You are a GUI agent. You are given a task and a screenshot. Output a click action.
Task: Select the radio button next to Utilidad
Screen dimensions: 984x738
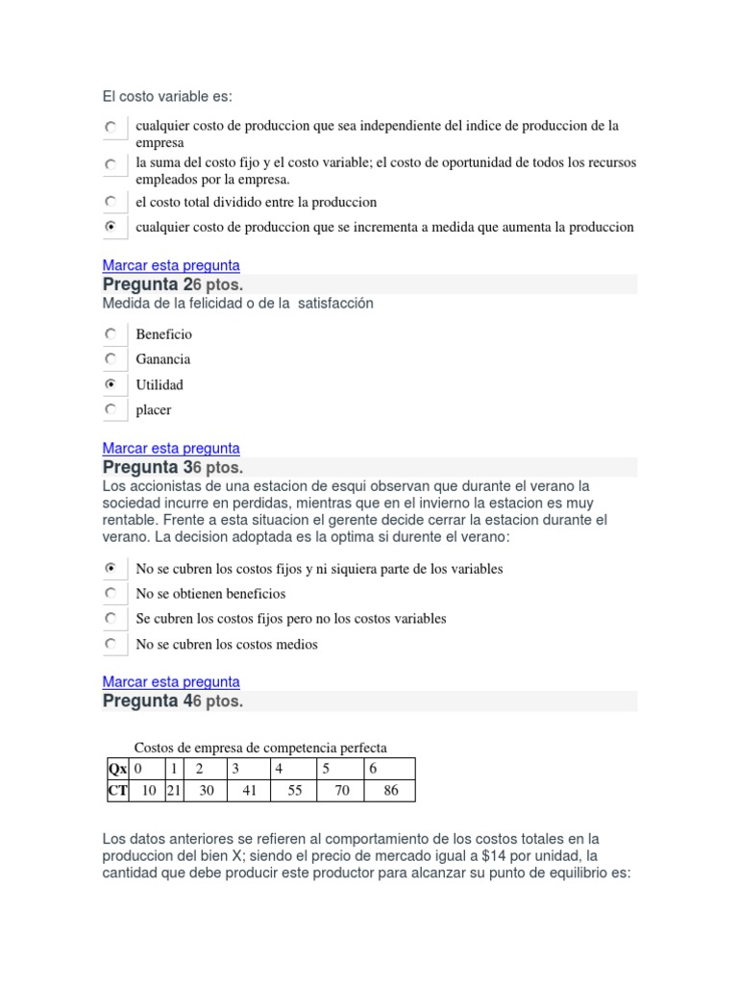(111, 384)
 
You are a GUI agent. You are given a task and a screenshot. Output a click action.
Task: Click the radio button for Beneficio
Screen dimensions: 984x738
(111, 334)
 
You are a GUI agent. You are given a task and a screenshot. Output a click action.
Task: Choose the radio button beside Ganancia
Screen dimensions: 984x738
(111, 359)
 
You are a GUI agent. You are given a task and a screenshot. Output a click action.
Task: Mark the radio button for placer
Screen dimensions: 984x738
(111, 409)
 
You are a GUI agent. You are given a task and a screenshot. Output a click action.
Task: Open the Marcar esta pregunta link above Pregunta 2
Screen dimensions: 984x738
(171, 265)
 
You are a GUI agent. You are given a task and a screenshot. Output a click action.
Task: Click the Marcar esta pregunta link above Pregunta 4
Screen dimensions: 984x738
(171, 682)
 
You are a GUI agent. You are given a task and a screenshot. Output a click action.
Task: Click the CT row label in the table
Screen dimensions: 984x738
(117, 792)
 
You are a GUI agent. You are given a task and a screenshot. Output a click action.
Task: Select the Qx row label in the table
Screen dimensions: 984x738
(117, 769)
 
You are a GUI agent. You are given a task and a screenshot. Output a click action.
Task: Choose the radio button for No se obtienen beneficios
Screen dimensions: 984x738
(111, 594)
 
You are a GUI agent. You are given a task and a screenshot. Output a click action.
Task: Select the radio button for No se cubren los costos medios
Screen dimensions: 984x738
(111, 644)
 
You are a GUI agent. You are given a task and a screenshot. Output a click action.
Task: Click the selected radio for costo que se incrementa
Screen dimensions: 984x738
(111, 227)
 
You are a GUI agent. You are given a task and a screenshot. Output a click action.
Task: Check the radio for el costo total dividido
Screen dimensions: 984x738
(111, 202)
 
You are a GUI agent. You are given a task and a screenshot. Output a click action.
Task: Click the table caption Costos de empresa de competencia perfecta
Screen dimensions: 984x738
(260, 748)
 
